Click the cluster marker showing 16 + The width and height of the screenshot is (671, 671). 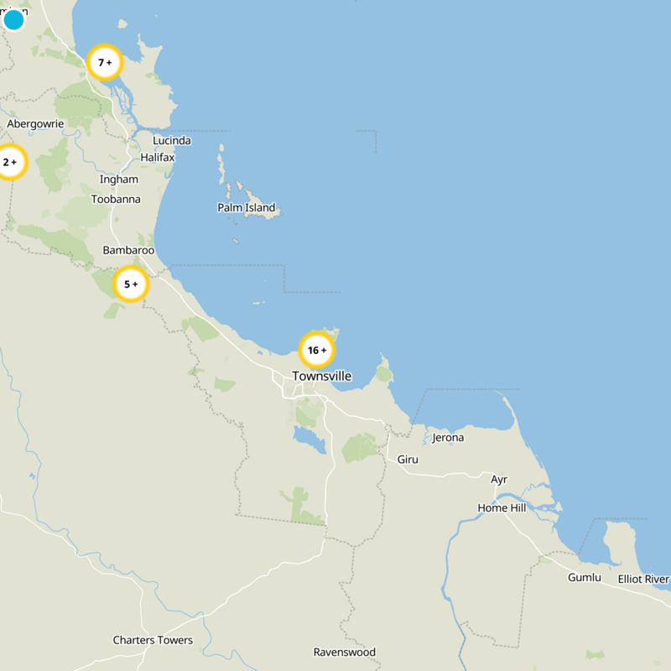(317, 350)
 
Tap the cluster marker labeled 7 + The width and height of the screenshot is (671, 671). (105, 62)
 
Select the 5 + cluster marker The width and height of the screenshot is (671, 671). (131, 284)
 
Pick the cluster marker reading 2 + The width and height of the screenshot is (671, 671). (10, 162)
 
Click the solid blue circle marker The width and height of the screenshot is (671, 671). (13, 19)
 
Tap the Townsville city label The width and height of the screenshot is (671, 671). (322, 377)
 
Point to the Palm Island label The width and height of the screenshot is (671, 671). (246, 208)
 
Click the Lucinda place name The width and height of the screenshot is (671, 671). (172, 141)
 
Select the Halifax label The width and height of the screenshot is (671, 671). (158, 158)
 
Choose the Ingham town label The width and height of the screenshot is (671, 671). (119, 179)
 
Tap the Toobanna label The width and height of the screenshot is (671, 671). (116, 200)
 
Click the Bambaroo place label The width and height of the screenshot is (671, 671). (128, 251)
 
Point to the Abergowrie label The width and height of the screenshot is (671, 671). (35, 124)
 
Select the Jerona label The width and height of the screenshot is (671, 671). (448, 438)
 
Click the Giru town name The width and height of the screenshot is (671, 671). (408, 460)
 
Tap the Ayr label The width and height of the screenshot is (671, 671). (499, 480)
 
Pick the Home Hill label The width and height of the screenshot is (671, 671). (502, 508)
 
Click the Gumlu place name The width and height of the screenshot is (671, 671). (585, 579)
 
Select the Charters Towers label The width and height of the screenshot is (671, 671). (153, 641)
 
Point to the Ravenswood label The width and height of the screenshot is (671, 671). (345, 653)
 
